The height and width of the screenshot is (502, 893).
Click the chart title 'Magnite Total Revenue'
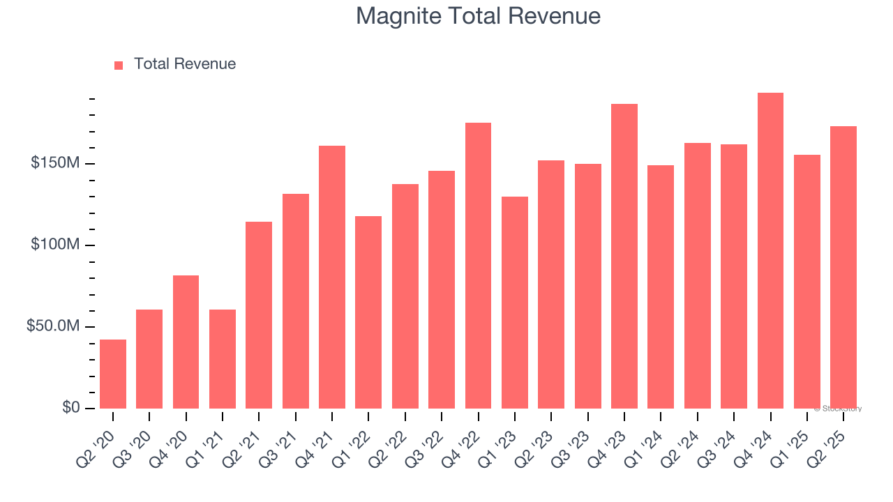point(478,16)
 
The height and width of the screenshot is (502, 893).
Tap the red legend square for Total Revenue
point(119,65)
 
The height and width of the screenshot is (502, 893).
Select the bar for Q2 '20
point(113,374)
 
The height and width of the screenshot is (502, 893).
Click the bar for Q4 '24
point(770,250)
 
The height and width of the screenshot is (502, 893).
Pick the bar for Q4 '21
point(332,277)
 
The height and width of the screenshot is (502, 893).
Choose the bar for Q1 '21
point(223,358)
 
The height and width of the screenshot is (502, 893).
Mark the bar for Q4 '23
point(624,256)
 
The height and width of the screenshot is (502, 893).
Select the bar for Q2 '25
point(843,267)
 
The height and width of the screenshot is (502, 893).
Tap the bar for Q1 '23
point(515,302)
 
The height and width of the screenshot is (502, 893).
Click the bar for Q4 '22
point(478,265)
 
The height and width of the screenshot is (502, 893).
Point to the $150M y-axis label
point(54,163)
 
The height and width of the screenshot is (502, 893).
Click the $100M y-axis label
point(54,245)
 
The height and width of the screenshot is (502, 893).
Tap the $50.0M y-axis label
point(53,326)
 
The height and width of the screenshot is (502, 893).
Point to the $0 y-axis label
point(70,408)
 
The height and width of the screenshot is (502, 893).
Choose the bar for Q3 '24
point(734,276)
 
